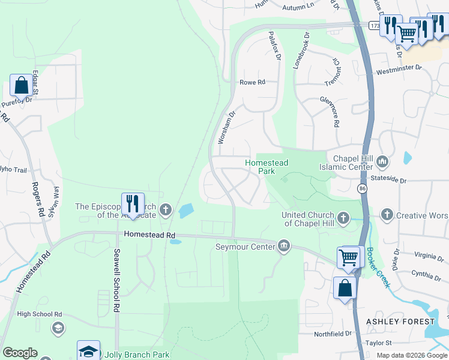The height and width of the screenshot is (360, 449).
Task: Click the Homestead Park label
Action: coord(267,167)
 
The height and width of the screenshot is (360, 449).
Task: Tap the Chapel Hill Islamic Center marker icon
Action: coord(382,161)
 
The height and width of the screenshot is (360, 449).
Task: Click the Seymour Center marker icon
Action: coord(284,245)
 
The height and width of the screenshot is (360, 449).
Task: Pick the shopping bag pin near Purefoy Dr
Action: coord(22,86)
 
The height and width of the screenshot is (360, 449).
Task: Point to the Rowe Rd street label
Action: coord(252,82)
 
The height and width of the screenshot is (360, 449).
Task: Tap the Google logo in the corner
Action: coord(20,353)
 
